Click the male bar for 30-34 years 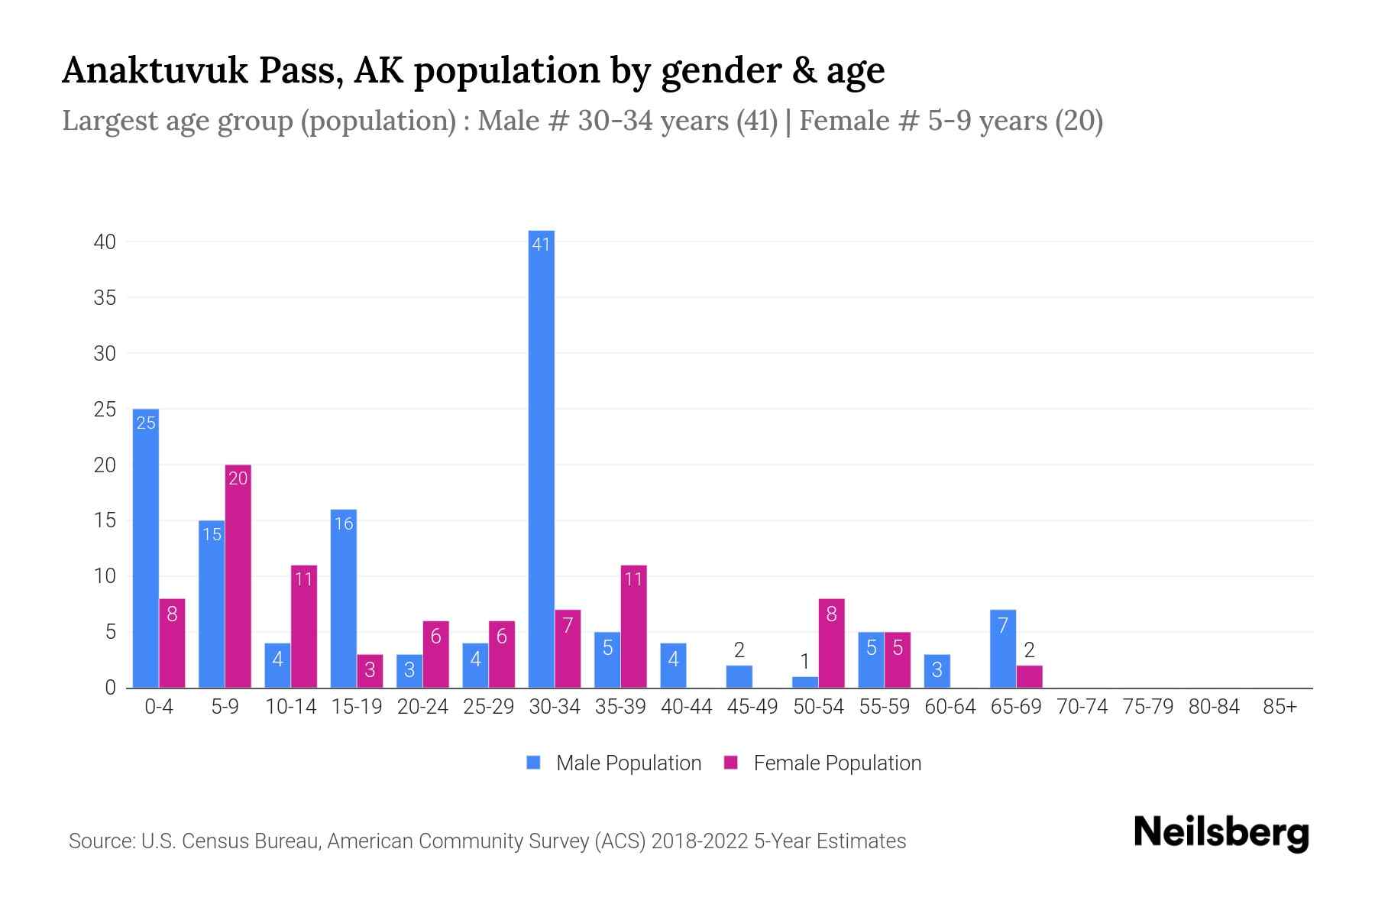pyautogui.click(x=541, y=458)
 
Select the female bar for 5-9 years pyautogui.click(x=238, y=577)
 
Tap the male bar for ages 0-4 pyautogui.click(x=146, y=549)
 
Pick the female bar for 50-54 pyautogui.click(x=831, y=643)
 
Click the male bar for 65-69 pyautogui.click(x=1002, y=649)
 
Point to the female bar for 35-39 pyautogui.click(x=633, y=627)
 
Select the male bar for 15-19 pyautogui.click(x=344, y=599)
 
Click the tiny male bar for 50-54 pyautogui.click(x=804, y=682)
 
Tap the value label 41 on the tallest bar pyautogui.click(x=541, y=245)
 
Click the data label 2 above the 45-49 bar pyautogui.click(x=739, y=650)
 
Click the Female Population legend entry pyautogui.click(x=823, y=763)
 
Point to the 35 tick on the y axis pyautogui.click(x=105, y=298)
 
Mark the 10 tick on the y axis pyautogui.click(x=105, y=576)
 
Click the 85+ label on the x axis pyautogui.click(x=1280, y=707)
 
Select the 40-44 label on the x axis pyautogui.click(x=686, y=707)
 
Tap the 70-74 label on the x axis pyautogui.click(x=1082, y=707)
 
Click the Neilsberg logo pyautogui.click(x=1221, y=833)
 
